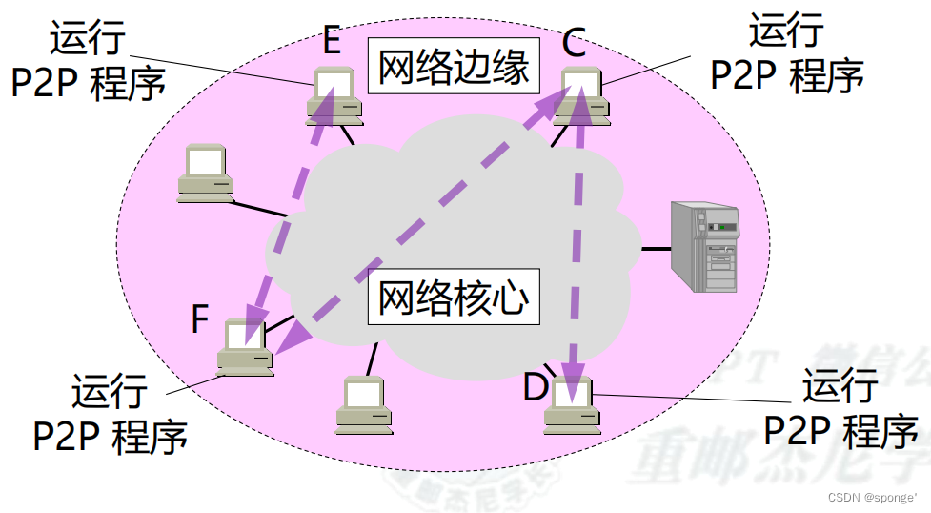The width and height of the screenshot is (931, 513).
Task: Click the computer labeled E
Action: (x=334, y=96)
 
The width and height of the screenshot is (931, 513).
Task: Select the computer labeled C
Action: (x=582, y=95)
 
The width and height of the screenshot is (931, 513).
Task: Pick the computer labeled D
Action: (x=571, y=405)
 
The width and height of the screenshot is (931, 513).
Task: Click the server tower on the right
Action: (x=705, y=246)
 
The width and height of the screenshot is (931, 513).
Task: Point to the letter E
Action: (x=331, y=41)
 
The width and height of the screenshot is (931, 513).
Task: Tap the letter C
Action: (x=574, y=43)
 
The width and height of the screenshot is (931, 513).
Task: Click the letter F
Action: (x=199, y=318)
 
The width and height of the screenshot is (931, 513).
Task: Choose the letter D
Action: (x=536, y=388)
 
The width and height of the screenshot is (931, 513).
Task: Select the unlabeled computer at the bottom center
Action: (x=364, y=406)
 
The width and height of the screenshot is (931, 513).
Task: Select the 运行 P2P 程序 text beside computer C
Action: (x=787, y=53)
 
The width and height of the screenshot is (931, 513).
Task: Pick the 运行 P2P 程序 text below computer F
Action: (x=111, y=414)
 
